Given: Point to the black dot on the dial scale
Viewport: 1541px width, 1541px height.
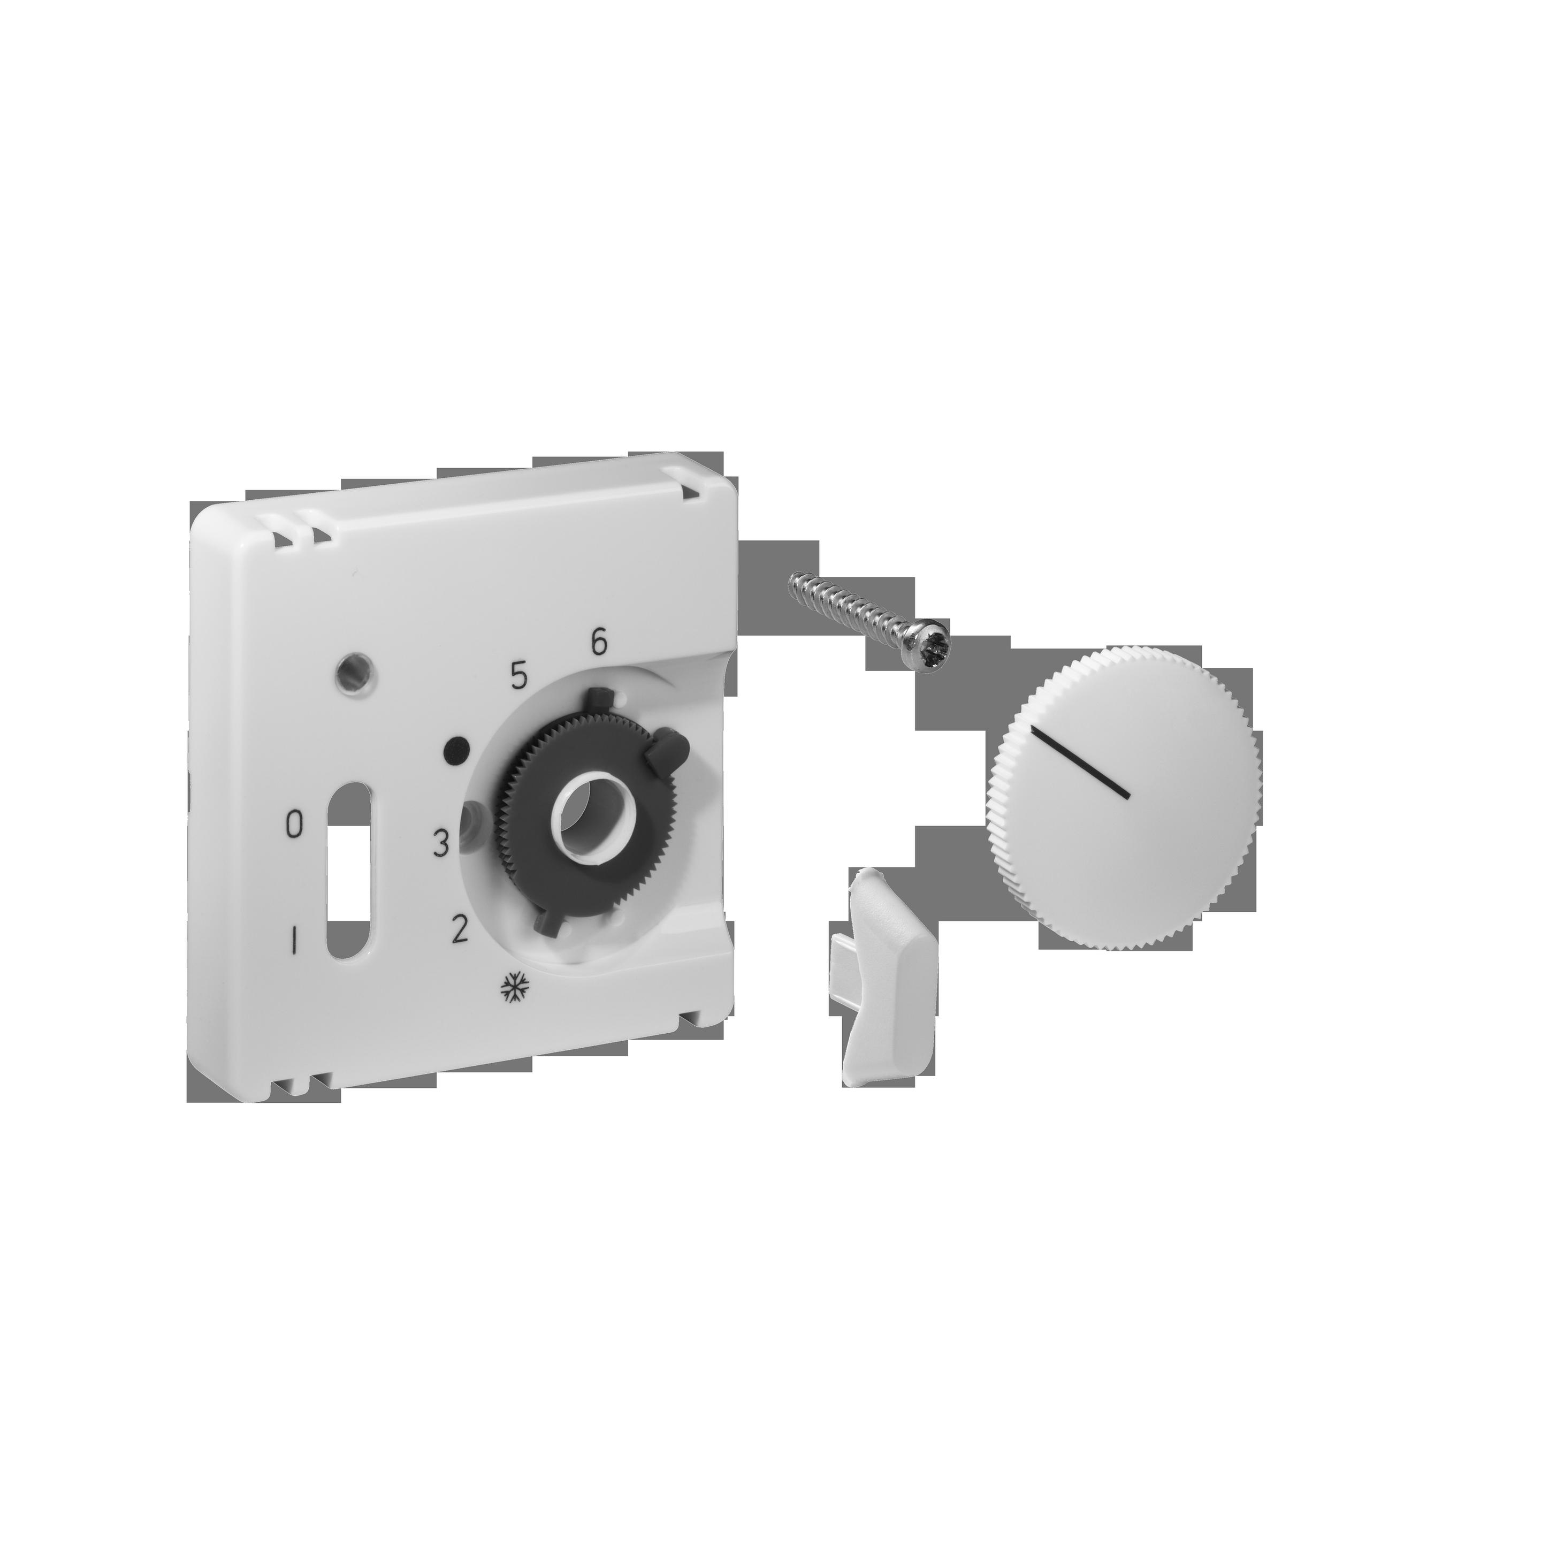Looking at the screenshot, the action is point(455,749).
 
